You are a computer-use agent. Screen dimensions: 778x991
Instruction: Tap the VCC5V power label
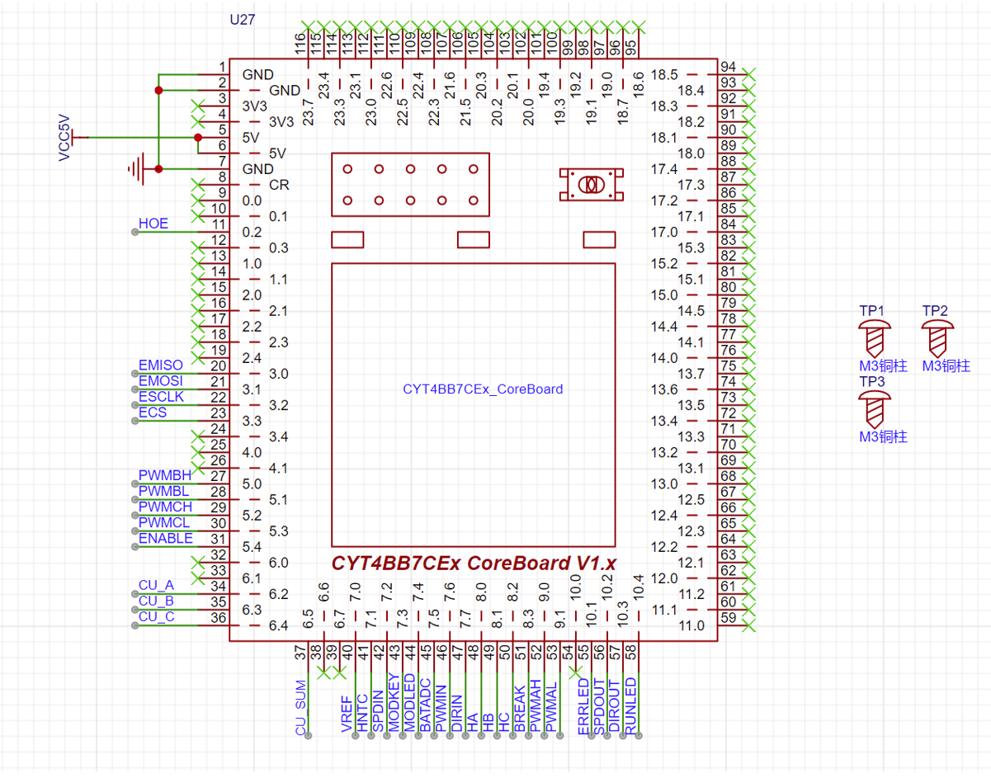coord(65,137)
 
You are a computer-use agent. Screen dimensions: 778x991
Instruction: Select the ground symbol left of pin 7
coord(137,168)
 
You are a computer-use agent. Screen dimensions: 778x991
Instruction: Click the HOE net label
coord(153,224)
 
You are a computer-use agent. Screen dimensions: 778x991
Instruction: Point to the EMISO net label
coord(161,365)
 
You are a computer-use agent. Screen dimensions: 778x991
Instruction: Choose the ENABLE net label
coord(166,539)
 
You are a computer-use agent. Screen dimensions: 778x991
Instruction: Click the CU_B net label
coord(156,601)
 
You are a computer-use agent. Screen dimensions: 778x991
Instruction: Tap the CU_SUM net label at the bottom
coord(300,707)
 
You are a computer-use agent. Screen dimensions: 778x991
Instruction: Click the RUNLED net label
coord(630,705)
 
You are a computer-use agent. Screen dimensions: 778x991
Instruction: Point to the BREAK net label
coord(519,709)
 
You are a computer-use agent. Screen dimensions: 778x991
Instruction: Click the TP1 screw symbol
coord(875,337)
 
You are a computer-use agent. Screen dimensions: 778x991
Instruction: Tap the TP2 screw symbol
coord(937,337)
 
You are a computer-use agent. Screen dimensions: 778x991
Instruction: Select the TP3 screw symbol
coord(875,408)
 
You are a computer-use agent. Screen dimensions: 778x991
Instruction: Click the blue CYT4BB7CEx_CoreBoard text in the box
coord(483,389)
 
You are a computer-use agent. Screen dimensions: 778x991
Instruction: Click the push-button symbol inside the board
coord(590,185)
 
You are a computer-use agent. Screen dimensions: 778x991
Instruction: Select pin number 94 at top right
coord(729,67)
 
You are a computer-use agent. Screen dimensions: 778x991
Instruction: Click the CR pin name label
coord(280,185)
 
